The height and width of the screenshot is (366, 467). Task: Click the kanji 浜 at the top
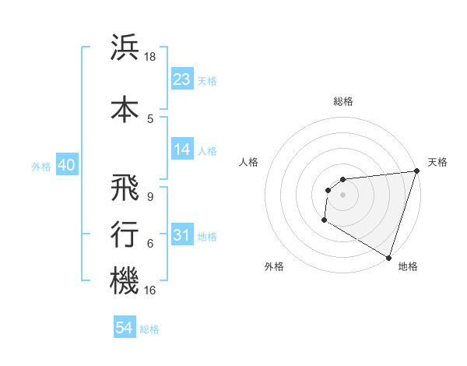pos(125,48)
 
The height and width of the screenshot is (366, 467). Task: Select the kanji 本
pos(125,108)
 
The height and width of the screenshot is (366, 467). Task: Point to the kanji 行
pos(125,233)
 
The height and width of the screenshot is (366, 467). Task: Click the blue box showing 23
pos(182,79)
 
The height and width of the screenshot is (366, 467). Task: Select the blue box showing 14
pos(182,150)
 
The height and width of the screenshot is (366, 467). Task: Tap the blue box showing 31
pos(182,234)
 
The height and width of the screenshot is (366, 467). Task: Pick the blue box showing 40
pos(66,164)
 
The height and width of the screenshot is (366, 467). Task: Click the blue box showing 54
pos(125,328)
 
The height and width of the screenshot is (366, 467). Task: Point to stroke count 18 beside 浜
pos(151,57)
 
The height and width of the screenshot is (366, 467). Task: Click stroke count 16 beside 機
pos(151,290)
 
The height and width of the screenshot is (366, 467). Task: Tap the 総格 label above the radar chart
pos(342,101)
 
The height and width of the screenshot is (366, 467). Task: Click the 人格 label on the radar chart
pos(249,162)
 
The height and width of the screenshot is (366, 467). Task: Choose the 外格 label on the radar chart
pos(274,266)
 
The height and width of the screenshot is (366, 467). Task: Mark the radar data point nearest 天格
pos(416,171)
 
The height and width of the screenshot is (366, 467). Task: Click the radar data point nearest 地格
pos(388,257)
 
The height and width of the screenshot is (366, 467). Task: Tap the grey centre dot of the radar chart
pos(342,195)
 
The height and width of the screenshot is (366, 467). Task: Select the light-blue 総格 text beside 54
pos(149,329)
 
